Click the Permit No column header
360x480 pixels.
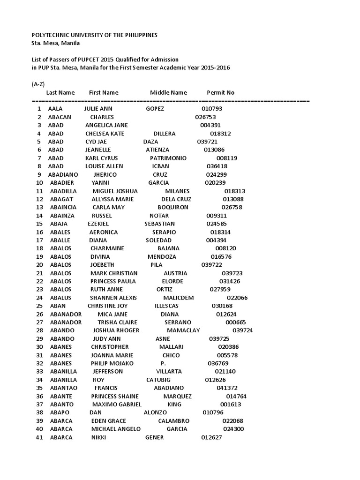coord(220,93)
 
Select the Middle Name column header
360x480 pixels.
coord(168,93)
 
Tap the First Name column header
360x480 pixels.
coord(104,93)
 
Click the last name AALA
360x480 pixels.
coord(55,109)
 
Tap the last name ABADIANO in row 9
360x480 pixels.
coord(63,175)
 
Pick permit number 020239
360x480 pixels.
coord(215,183)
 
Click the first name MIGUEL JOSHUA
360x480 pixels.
coord(115,191)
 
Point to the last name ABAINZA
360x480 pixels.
coord(62,216)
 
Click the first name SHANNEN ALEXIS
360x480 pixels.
coord(113,298)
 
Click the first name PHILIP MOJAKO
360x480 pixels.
coord(112,363)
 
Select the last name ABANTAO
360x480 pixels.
coord(63,388)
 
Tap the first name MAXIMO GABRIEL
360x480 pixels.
coord(117,405)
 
